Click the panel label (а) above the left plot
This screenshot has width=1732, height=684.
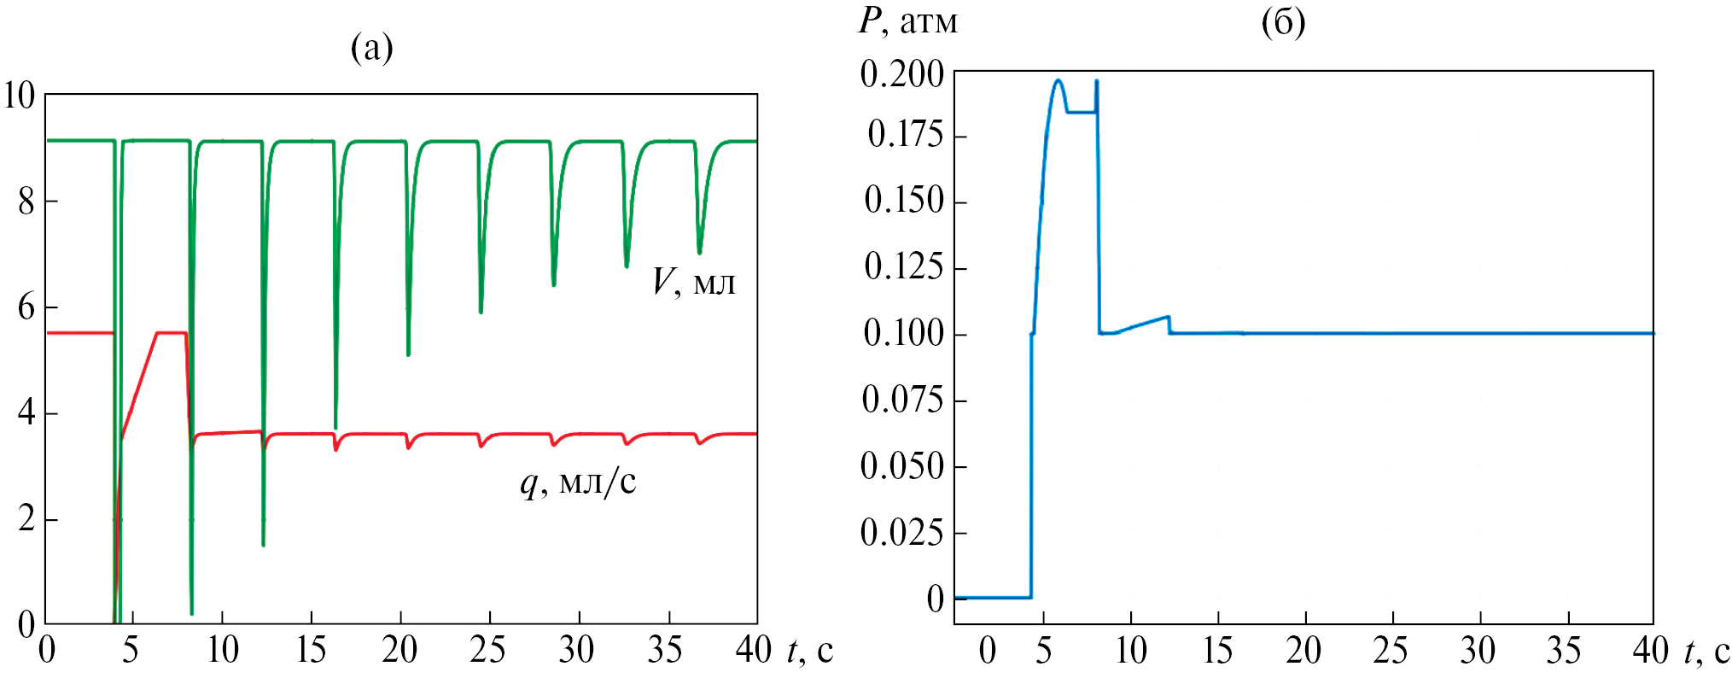coord(372,48)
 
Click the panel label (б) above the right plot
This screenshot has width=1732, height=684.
coord(1283,22)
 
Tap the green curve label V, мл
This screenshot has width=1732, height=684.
coord(693,282)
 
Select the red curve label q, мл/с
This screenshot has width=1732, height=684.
coord(578,483)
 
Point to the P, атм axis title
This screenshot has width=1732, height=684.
coord(907,22)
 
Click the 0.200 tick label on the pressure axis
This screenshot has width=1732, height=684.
coord(902,74)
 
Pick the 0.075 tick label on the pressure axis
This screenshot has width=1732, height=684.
coord(902,400)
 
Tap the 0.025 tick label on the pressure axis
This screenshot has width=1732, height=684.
coord(902,533)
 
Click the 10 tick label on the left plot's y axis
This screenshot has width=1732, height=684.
coord(20,96)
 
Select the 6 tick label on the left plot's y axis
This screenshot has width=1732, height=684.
coord(26,307)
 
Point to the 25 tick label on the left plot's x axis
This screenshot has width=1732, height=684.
coord(487,651)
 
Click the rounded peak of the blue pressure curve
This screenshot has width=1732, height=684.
coord(1058,81)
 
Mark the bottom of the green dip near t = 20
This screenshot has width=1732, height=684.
coord(409,354)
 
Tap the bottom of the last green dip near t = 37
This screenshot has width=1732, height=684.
coord(700,253)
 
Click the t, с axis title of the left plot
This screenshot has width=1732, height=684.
coord(810,651)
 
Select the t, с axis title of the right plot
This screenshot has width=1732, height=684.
coord(1706,652)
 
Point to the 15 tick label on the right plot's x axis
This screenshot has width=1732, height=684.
coord(1217,652)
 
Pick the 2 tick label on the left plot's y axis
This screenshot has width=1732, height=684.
coord(26,519)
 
